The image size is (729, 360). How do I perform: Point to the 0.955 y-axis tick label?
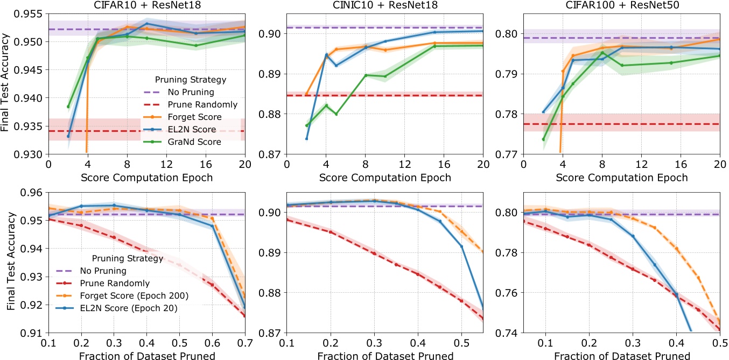32,13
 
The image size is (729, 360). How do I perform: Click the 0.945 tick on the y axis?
32,70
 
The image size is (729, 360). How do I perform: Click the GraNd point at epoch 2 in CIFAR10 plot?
68,107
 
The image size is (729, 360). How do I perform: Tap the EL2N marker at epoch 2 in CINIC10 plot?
306,138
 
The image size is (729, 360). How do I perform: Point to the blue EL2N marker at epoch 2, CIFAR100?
543,112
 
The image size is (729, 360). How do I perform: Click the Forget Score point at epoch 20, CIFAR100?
720,39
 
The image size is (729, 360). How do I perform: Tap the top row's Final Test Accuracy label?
7,86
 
